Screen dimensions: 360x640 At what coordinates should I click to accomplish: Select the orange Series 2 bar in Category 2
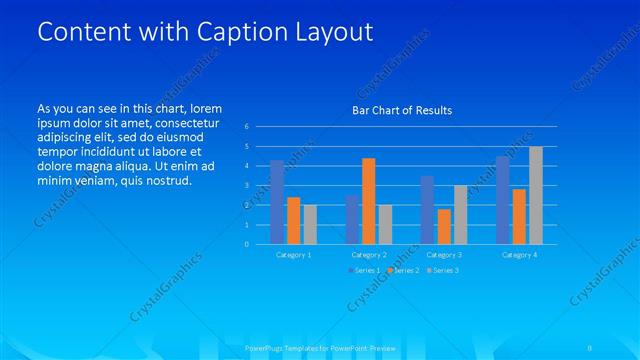[x=368, y=201]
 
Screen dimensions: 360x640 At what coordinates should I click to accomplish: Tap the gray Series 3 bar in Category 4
[x=536, y=195]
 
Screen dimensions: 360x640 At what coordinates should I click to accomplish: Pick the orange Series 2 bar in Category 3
[x=444, y=226]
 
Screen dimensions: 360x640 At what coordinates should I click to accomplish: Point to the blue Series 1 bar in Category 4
[x=503, y=200]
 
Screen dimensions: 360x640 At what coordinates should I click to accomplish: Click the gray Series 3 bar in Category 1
[x=310, y=224]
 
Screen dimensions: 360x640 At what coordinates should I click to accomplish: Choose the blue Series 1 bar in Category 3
[x=427, y=210]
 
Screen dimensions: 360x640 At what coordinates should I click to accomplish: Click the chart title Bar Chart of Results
[x=402, y=110]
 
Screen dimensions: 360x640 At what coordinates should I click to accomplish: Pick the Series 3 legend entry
[x=442, y=271]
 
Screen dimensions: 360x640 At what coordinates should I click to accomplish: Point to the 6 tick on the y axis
[x=247, y=127]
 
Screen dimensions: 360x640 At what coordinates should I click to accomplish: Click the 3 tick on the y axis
[x=247, y=185]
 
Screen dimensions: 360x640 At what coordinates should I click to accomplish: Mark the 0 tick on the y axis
[x=247, y=244]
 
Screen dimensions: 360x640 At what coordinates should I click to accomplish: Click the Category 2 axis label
[x=369, y=255]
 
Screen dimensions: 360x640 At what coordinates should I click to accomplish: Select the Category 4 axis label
[x=519, y=255]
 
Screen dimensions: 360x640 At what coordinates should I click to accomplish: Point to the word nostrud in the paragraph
[x=165, y=180]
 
